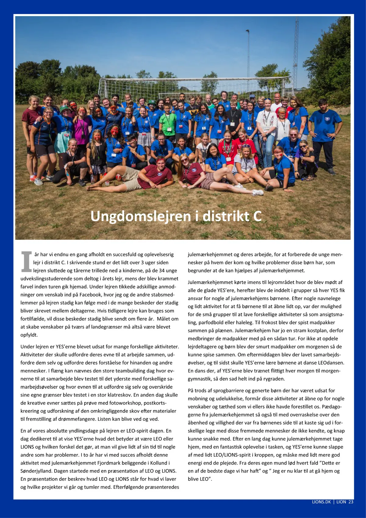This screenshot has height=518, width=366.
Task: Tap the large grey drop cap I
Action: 27,262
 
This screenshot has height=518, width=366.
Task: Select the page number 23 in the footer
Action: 350,502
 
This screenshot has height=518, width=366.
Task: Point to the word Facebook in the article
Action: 90,295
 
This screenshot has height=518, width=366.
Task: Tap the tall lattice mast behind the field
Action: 295,52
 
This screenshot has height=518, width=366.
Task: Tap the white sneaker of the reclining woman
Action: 258,192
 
